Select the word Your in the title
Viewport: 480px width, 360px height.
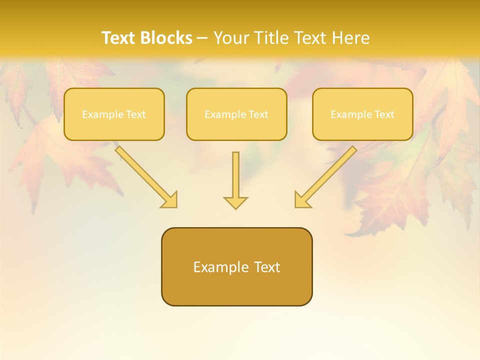click(232, 38)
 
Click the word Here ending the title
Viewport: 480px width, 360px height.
click(350, 38)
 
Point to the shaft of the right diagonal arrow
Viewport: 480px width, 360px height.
click(330, 172)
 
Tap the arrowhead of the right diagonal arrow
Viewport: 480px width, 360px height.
click(301, 200)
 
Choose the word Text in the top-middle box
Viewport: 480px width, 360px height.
click(258, 114)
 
